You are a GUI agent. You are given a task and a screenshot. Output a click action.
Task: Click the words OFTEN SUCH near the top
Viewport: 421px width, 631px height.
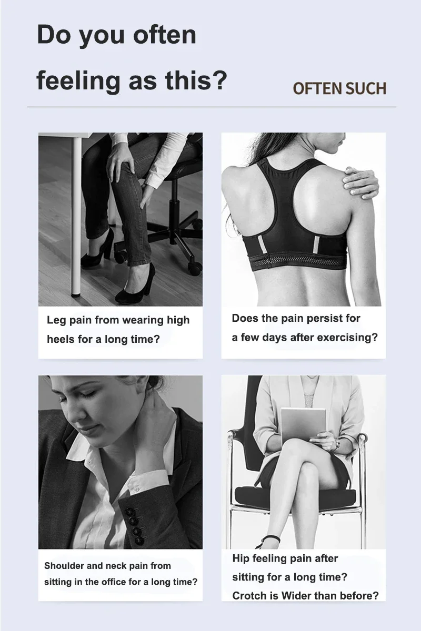point(339,88)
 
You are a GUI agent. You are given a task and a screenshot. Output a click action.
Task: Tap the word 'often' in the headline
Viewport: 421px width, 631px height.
point(164,35)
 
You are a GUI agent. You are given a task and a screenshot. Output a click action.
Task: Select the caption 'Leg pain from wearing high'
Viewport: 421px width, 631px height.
point(118,320)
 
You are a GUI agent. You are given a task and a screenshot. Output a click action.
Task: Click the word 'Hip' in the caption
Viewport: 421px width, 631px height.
point(240,558)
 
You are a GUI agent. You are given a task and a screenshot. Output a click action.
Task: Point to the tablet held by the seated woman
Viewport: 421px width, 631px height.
point(303,424)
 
